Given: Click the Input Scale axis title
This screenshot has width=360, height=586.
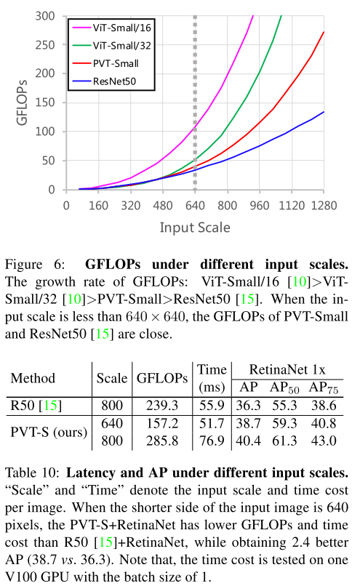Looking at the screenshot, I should click(x=195, y=228).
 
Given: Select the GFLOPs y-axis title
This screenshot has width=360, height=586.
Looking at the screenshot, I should click(x=23, y=102).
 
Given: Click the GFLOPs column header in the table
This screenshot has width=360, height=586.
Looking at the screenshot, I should click(x=162, y=378).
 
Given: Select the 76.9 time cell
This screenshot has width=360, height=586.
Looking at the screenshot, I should click(x=212, y=439).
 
